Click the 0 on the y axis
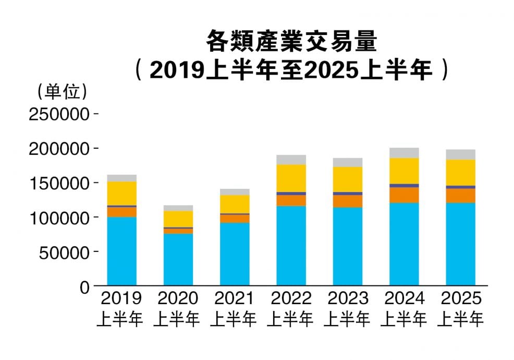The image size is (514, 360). click(x=85, y=286)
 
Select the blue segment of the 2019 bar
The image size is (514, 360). click(x=121, y=251)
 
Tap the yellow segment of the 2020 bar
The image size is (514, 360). click(x=178, y=219)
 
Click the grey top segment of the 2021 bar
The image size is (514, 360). click(x=235, y=191)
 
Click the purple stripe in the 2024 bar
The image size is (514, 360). click(x=404, y=185)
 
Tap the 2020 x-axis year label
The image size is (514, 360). click(x=178, y=299)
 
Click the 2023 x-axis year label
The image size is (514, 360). click(x=348, y=299)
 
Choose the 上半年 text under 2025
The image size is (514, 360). click(x=461, y=319)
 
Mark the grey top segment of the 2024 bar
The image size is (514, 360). click(x=404, y=153)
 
